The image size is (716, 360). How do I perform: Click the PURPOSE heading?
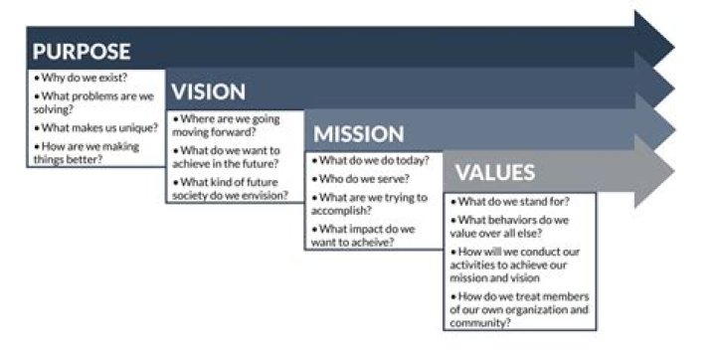[82, 52]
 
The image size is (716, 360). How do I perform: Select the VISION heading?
[208, 92]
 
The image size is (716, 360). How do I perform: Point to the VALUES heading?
[494, 172]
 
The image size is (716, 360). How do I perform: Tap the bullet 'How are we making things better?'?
[87, 153]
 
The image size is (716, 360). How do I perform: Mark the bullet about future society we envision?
[231, 188]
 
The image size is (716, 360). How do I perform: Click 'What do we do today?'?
[370, 160]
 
